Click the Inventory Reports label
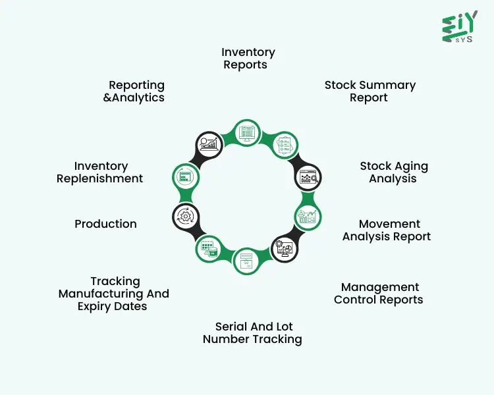coord(248,59)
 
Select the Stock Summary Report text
coord(370,92)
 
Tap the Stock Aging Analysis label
coord(393,172)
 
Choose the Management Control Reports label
coord(379,294)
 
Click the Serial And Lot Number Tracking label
coord(252,333)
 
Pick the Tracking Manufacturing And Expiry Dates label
coord(114,294)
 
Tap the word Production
coord(105,224)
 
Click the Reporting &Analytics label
coord(137,92)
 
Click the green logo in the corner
coord(459,27)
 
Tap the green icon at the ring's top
coord(247,134)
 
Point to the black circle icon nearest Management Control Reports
coord(285,248)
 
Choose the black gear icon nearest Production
coord(186,216)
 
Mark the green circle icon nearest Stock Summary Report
coord(284,144)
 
